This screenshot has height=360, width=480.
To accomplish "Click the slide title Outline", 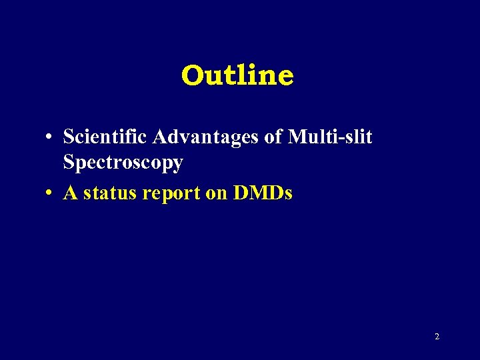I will (237, 75).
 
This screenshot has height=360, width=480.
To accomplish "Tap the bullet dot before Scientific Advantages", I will (50, 138).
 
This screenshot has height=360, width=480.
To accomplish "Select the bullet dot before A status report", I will (50, 194).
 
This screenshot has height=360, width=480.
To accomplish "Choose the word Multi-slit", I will (331, 137).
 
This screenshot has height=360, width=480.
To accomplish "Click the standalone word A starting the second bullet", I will (70, 193).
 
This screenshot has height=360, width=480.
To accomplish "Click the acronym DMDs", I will (263, 193).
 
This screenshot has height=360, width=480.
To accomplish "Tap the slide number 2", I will (437, 337).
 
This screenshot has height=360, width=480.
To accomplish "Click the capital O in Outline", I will (191, 75).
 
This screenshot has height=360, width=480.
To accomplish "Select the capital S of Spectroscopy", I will (69, 163).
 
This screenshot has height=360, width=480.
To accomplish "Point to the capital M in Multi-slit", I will (298, 137).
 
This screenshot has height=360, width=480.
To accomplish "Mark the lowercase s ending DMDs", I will (288, 195).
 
